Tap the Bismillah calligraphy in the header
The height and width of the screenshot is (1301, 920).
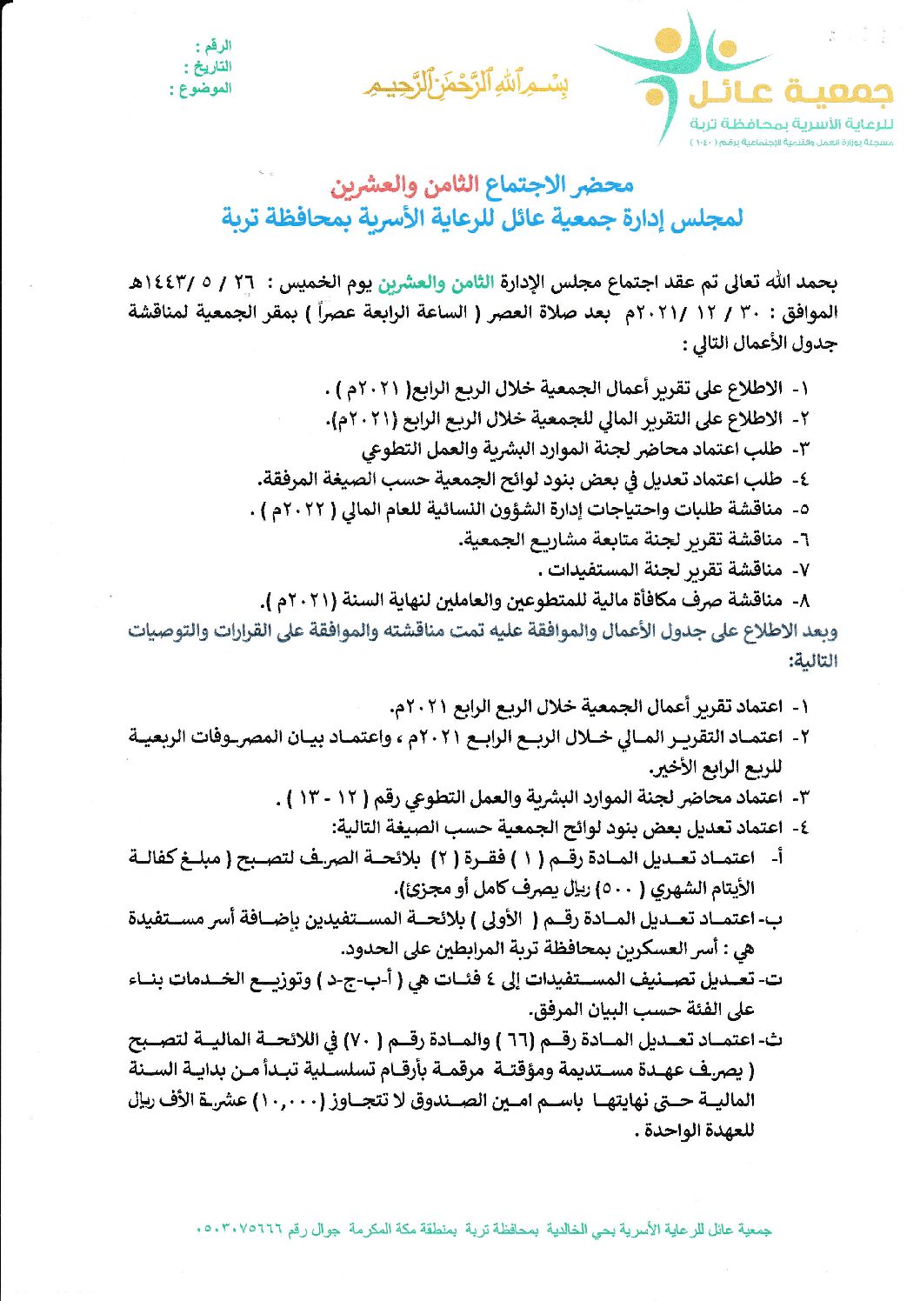tap(467, 85)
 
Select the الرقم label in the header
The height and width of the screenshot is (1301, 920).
tap(214, 45)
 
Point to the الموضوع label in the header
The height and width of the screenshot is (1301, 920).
tap(201, 89)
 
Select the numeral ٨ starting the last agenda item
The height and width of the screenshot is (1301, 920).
tap(804, 601)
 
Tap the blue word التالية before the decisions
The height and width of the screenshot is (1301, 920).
tap(813, 661)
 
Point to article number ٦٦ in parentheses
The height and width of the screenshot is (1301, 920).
tap(522, 1041)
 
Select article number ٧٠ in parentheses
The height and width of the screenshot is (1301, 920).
tap(356, 1041)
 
